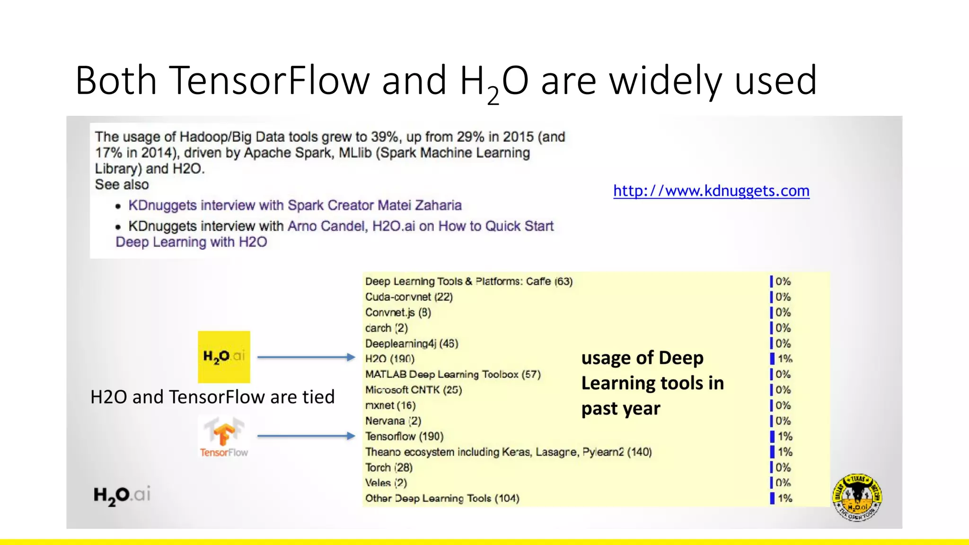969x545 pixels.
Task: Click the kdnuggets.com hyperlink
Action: [x=711, y=191]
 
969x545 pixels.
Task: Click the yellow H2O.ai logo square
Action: [x=224, y=357]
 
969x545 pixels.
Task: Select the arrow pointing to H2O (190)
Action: [x=306, y=357]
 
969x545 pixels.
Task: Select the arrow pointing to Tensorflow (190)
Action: [x=306, y=436]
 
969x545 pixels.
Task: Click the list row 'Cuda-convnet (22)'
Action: [x=409, y=297]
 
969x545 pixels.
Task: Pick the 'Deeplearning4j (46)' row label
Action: [x=412, y=343]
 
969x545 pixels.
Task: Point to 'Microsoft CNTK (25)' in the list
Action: [x=414, y=390]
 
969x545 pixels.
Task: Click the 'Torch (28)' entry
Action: [x=389, y=467]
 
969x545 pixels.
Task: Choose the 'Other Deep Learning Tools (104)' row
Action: [x=442, y=498]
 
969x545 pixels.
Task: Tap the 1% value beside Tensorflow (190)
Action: [x=784, y=436]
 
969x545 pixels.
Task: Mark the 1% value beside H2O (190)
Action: [x=784, y=359]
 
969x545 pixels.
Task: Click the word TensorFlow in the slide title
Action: [x=269, y=80]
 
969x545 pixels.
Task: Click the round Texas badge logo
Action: [x=857, y=497]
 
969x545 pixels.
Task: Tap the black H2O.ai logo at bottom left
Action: [x=122, y=495]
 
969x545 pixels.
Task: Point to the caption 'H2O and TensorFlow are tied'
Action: [x=212, y=397]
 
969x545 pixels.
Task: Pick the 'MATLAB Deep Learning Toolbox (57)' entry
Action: [x=453, y=374]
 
